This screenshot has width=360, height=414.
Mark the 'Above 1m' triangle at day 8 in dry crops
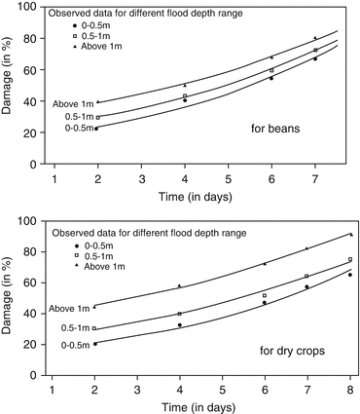pos(350,235)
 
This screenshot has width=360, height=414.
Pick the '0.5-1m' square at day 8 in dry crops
pos(350,259)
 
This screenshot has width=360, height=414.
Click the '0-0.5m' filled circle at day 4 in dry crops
pos(180,325)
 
